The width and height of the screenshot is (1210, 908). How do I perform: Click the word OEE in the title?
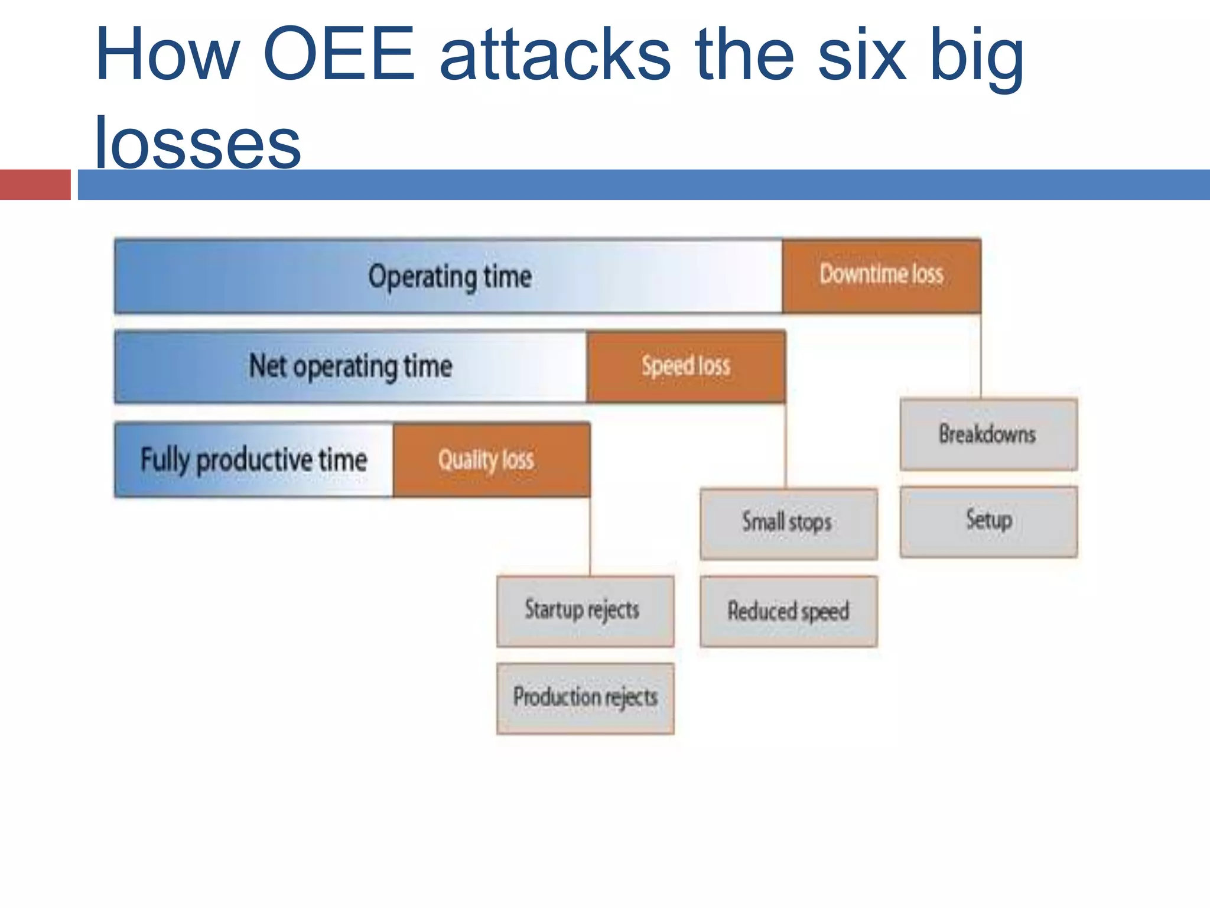click(339, 54)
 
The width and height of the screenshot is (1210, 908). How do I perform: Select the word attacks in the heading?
click(555, 54)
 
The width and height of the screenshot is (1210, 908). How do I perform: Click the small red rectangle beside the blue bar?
click(35, 184)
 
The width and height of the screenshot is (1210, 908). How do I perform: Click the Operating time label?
click(450, 277)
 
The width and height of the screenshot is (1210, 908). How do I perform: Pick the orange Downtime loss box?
click(881, 275)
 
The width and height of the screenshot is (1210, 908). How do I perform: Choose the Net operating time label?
click(350, 367)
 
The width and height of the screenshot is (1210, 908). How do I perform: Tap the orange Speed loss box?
click(686, 367)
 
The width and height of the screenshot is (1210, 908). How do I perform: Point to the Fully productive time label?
click(253, 460)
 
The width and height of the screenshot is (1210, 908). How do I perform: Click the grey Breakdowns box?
click(988, 434)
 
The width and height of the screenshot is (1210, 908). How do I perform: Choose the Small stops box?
click(788, 523)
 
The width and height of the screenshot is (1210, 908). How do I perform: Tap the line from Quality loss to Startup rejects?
click(590, 536)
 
